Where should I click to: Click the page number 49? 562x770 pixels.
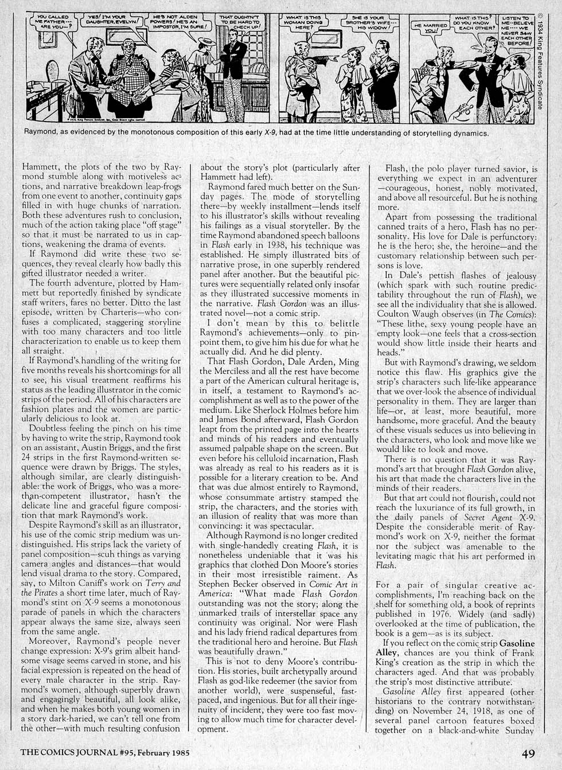[529, 753]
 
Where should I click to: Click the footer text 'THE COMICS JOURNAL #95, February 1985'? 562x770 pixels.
[105, 753]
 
